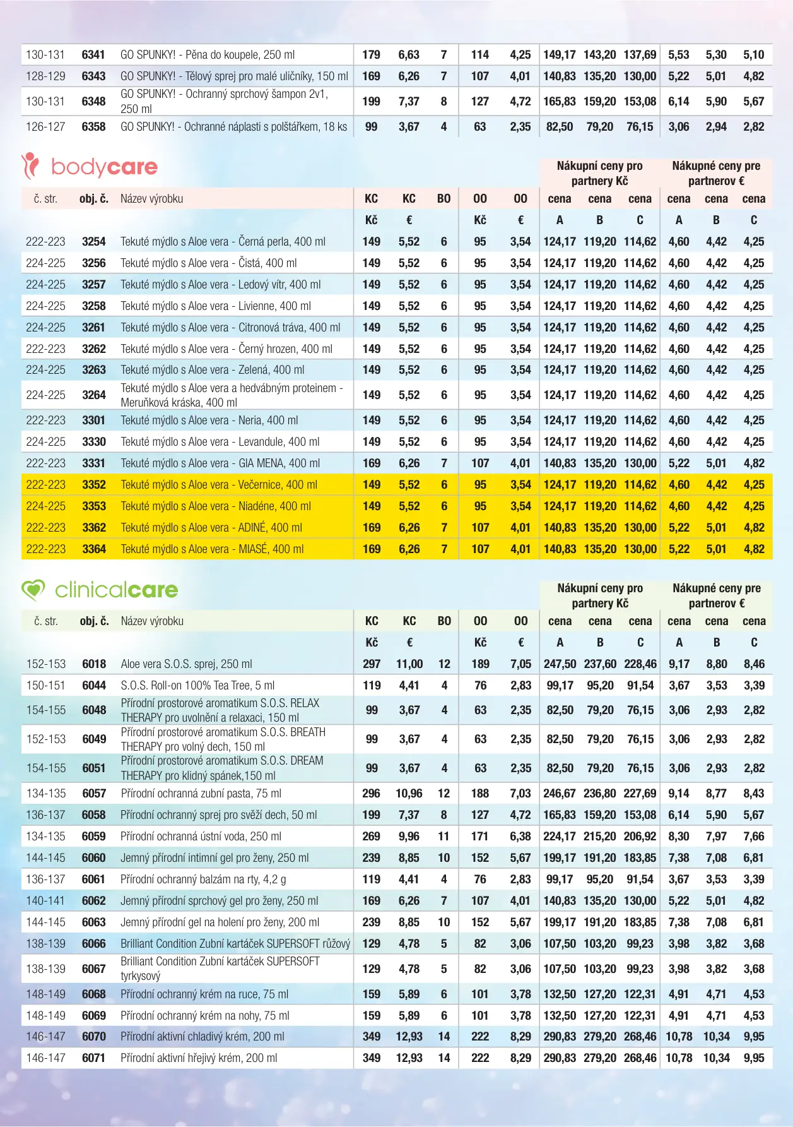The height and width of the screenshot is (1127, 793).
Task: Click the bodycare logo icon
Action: click(x=30, y=166)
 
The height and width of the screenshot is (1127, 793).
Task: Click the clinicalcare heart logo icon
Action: click(x=33, y=590)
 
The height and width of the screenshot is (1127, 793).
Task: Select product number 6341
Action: click(x=93, y=55)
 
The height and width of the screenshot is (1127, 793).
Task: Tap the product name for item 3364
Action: click(x=212, y=549)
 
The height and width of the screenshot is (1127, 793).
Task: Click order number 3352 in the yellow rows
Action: click(x=93, y=485)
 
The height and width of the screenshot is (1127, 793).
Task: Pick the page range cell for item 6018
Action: click(x=45, y=664)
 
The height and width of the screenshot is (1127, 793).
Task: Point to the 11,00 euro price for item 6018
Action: click(x=409, y=664)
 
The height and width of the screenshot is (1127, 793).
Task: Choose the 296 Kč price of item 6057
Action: click(x=372, y=794)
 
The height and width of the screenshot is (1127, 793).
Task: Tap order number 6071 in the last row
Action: click(x=94, y=1058)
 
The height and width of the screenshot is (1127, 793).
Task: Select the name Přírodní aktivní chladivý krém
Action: click(x=202, y=1037)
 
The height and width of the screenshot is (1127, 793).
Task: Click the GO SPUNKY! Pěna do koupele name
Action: click(x=208, y=55)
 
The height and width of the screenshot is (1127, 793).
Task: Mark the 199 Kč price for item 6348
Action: click(x=372, y=102)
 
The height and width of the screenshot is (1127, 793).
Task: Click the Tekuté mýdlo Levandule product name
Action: click(x=220, y=442)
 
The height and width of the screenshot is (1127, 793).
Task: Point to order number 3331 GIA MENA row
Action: click(x=93, y=463)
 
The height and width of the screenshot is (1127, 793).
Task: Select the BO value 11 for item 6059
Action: click(x=444, y=837)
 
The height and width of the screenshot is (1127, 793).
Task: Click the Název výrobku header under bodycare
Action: click(x=151, y=199)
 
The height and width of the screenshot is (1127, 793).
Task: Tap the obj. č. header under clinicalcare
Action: click(x=94, y=621)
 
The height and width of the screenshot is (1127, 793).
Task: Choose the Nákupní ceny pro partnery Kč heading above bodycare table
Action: click(x=599, y=174)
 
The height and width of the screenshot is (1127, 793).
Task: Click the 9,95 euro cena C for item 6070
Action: click(x=754, y=1037)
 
